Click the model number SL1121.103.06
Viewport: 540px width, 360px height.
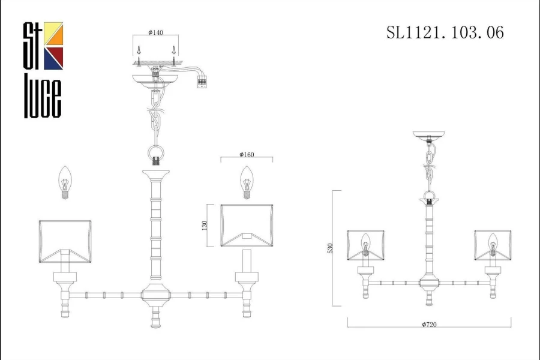tap(445, 33)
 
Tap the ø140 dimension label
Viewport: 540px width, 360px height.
tap(155, 32)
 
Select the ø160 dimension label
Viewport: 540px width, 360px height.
tap(247, 154)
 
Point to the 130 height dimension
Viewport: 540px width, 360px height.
tap(205, 226)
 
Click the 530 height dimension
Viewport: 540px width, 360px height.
tap(330, 248)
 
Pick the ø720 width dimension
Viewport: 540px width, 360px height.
tap(429, 324)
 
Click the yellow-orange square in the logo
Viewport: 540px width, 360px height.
tap(53, 34)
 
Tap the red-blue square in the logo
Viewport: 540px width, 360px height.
tap(53, 59)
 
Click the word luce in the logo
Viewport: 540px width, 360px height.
tap(43, 96)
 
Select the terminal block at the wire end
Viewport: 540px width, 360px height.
tap(202, 83)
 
